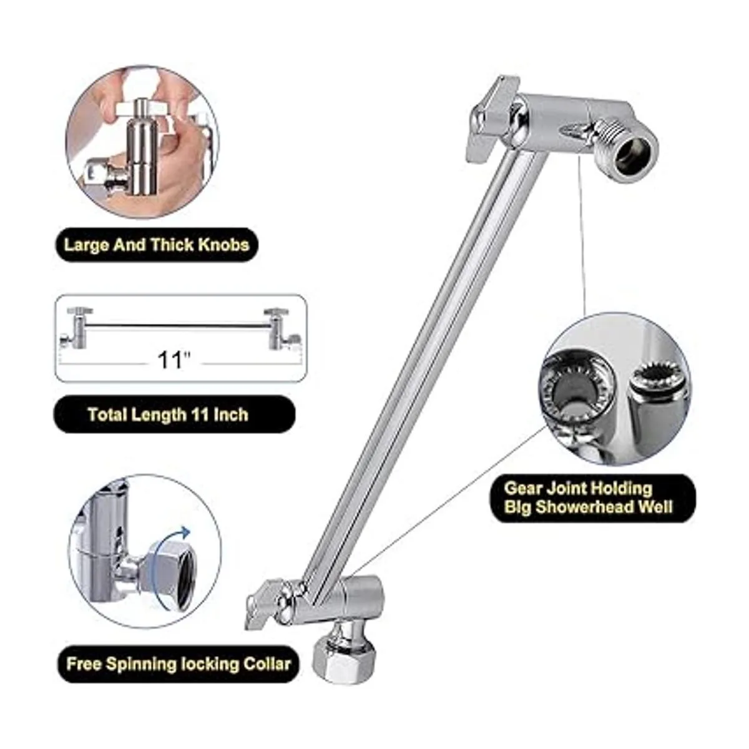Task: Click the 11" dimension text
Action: coord(174,360)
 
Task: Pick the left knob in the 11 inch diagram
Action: coord(80,311)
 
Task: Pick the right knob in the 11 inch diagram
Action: coord(277,311)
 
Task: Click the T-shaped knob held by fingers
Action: coord(142,109)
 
